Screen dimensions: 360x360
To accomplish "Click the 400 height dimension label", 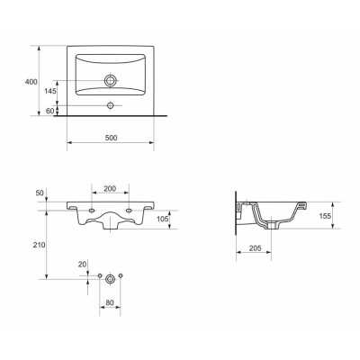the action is pyautogui.click(x=31, y=82).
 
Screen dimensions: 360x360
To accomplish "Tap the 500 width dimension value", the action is pyautogui.click(x=111, y=138).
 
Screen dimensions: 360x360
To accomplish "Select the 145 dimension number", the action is pyautogui.click(x=50, y=91).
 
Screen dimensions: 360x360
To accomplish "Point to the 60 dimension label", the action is pyautogui.click(x=50, y=111).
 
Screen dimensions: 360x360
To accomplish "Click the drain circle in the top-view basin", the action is pyautogui.click(x=111, y=80).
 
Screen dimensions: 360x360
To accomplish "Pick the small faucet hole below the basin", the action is pyautogui.click(x=111, y=105).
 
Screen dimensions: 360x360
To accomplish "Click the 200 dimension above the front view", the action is pyautogui.click(x=110, y=189).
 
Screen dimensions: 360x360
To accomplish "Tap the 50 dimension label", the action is pyautogui.click(x=40, y=193).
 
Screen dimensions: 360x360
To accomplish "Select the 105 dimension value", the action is pyautogui.click(x=163, y=219).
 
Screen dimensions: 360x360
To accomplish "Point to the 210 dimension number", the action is pyautogui.click(x=40, y=245).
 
